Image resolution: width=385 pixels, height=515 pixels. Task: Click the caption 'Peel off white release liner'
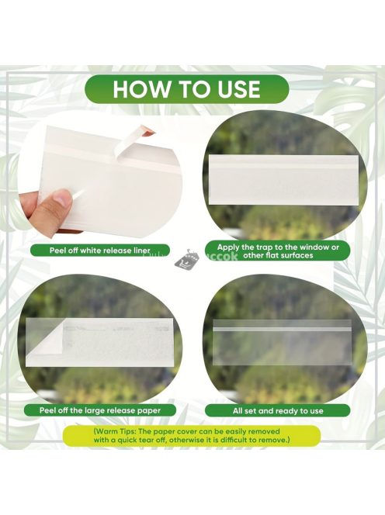point(100,251)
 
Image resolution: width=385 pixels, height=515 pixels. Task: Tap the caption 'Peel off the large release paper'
point(100,410)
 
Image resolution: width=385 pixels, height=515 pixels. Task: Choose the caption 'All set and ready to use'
point(278,410)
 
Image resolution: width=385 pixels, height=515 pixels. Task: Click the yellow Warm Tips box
point(192,436)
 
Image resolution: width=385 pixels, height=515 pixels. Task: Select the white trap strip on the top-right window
point(284,180)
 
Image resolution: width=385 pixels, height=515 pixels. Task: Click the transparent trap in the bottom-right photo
point(282,341)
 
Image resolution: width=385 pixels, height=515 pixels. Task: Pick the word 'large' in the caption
point(94,410)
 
